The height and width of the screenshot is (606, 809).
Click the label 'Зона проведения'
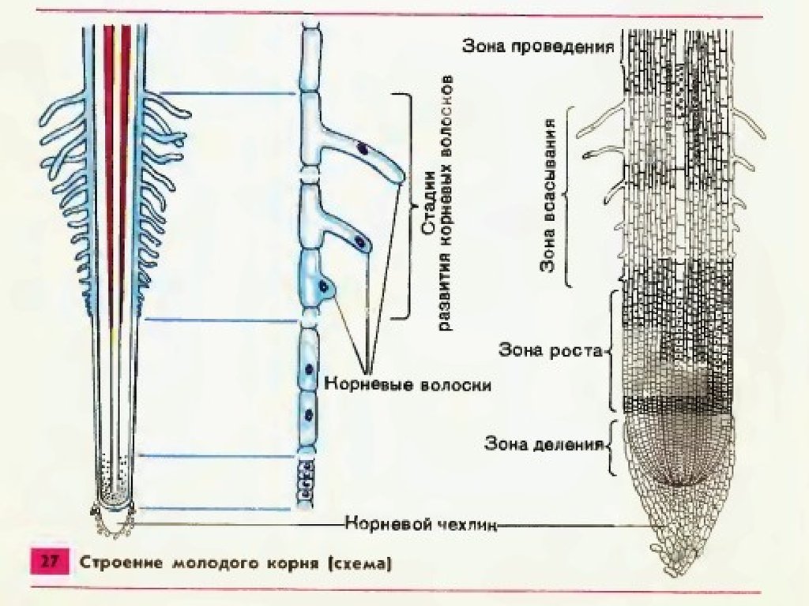538,46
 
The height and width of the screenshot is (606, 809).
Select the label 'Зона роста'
550,350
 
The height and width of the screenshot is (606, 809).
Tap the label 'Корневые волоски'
408,386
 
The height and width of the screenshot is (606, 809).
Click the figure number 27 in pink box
50,563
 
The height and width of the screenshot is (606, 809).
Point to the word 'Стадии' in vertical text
427,206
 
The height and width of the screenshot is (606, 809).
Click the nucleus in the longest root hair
363,148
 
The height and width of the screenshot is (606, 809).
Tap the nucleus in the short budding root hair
322,286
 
